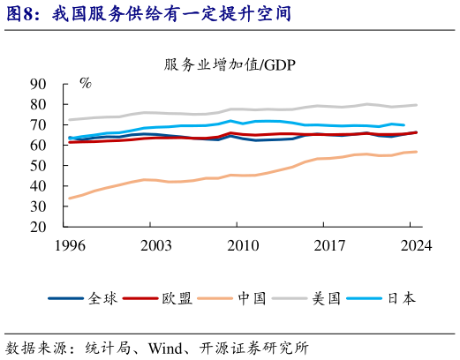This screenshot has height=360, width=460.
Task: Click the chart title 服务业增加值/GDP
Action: coord(229,64)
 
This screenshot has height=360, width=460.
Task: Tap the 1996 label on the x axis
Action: coord(69,246)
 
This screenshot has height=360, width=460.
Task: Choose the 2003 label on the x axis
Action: coord(155,246)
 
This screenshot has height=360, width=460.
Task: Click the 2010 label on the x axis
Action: coord(242,246)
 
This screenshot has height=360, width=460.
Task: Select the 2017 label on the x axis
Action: coord(328,246)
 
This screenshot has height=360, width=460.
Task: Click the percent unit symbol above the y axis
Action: coord(85,84)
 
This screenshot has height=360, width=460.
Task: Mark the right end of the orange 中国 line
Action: coord(417,152)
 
